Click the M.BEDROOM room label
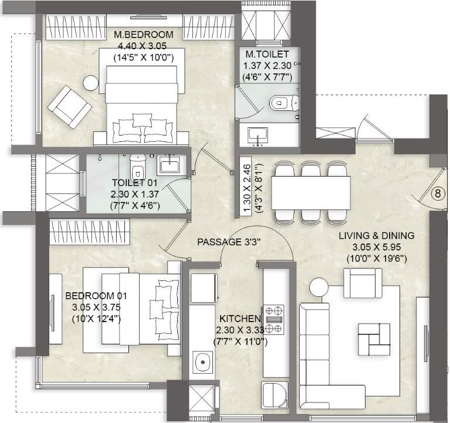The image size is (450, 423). pyautogui.click(x=143, y=35)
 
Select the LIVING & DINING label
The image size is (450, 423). pyautogui.click(x=376, y=236)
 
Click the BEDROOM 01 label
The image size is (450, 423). pyautogui.click(x=96, y=296)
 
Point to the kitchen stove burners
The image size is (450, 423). pyautogui.click(x=273, y=320)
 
